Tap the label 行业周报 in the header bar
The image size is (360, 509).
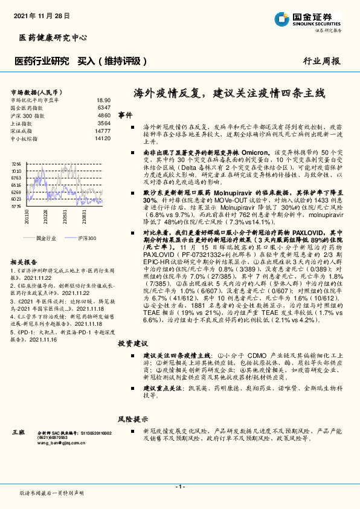click(x=321, y=61)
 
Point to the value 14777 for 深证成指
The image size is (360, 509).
click(x=102, y=131)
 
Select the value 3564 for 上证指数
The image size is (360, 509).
click(x=103, y=123)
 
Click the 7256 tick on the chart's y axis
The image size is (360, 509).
click(x=16, y=164)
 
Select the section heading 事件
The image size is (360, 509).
click(x=125, y=115)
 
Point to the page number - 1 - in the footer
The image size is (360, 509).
click(x=179, y=487)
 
